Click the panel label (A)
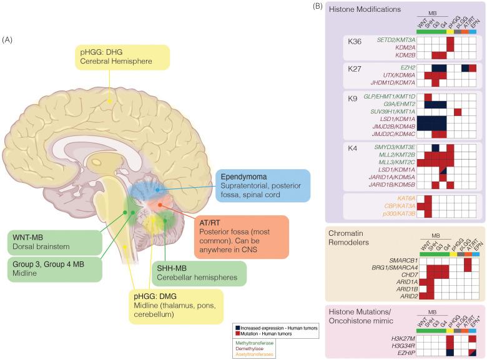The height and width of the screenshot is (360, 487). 7,40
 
